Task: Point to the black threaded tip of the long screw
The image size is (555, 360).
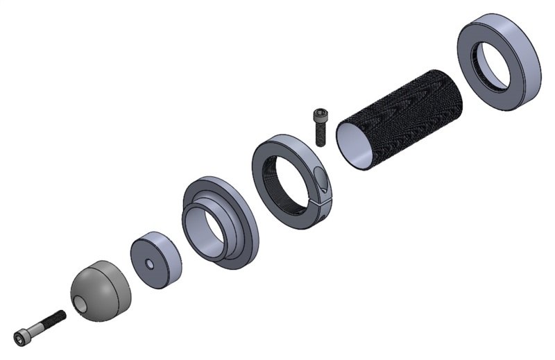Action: tap(57, 318)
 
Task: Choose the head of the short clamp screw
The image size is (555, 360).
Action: tap(320, 114)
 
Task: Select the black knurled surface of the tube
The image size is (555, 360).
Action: tap(409, 118)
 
